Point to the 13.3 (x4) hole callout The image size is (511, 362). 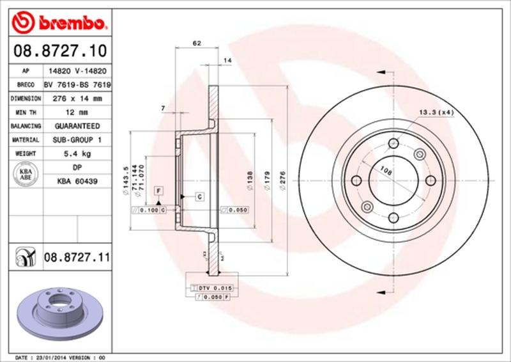pos(436,113)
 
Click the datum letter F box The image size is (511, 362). pos(157,190)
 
